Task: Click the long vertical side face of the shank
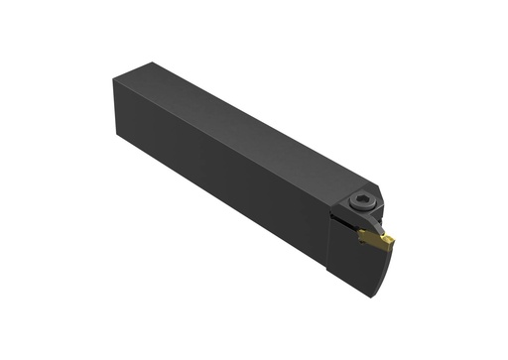pyautogui.click(x=228, y=188)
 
